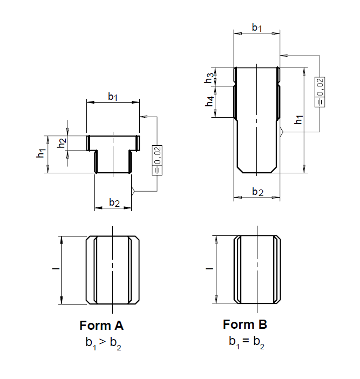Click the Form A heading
click(101, 326)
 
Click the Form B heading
click(244, 324)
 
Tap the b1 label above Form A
click(113, 97)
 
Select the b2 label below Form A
click(114, 202)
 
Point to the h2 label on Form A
click(62, 143)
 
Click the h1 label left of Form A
click(41, 153)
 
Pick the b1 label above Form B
click(257, 28)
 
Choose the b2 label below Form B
click(257, 192)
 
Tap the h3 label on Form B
click(209, 78)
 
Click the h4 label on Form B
click(210, 101)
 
